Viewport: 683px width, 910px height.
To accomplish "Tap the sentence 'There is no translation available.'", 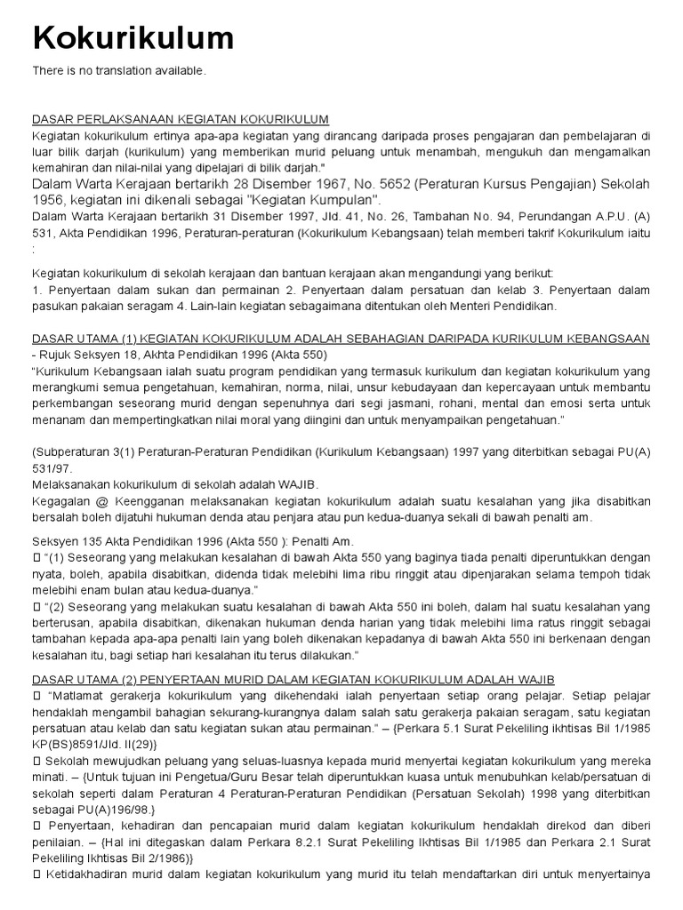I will [x=119, y=71].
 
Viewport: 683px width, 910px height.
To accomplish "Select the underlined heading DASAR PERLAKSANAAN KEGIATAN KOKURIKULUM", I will [x=181, y=119].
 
